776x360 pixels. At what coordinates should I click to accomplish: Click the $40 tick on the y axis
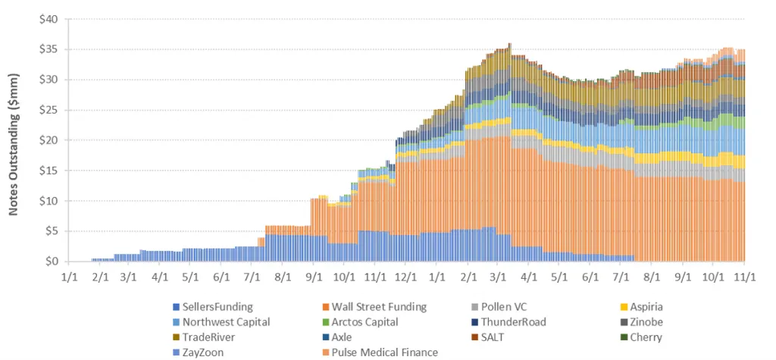(50, 19)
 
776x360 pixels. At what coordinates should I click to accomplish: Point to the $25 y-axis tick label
(50, 110)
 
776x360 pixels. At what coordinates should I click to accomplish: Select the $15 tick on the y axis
(50, 171)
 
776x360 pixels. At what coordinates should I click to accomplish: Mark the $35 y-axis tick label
(50, 49)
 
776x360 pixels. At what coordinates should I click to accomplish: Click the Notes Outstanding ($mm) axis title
(14, 140)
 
